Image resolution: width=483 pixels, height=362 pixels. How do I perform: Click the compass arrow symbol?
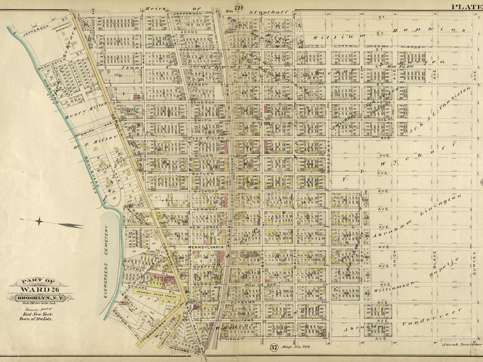click(x=52, y=222)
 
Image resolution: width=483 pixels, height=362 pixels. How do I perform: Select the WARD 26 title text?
click(x=40, y=289)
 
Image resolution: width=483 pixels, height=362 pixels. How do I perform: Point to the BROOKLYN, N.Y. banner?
click(x=40, y=298)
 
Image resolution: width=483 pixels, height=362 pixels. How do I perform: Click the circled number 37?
click(x=273, y=348)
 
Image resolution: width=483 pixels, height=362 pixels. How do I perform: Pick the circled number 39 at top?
click(x=239, y=8)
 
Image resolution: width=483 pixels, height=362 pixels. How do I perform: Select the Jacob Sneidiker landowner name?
click(x=460, y=346)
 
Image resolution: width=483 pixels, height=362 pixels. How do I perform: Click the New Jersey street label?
click(x=203, y=228)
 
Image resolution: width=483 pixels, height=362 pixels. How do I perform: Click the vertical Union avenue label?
click(x=394, y=257)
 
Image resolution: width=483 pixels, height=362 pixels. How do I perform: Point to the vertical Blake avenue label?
click(x=434, y=257)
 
